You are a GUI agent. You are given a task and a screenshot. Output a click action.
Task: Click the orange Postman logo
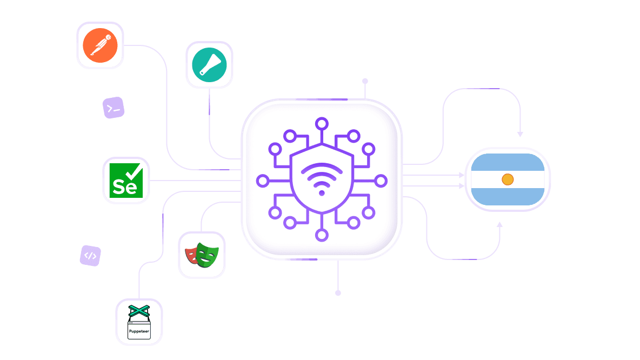click(100, 45)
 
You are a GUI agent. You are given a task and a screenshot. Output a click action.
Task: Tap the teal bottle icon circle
click(209, 65)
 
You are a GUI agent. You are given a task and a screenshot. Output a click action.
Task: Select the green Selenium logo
click(126, 181)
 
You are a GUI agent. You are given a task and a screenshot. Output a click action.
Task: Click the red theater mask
click(191, 256)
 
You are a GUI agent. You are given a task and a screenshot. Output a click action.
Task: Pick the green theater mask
click(207, 255)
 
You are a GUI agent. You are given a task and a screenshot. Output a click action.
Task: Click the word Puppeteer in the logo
click(139, 331)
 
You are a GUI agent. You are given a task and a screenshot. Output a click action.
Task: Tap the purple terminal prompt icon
click(114, 108)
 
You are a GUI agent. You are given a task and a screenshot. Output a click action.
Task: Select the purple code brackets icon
click(90, 256)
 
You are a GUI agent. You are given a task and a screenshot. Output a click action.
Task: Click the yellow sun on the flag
click(508, 179)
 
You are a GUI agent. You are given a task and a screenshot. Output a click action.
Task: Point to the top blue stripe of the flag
click(508, 162)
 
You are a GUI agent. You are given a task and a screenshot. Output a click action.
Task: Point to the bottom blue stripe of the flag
click(508, 197)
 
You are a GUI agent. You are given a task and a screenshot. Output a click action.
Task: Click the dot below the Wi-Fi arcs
click(322, 193)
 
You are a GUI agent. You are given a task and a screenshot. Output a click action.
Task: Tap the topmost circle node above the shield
click(322, 123)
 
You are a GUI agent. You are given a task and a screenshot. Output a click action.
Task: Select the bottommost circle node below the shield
click(322, 235)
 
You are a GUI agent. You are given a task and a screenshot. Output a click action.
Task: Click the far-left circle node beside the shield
click(263, 181)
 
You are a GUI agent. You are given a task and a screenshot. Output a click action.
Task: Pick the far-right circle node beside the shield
click(381, 181)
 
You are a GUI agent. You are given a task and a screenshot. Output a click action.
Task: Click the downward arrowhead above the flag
click(520, 134)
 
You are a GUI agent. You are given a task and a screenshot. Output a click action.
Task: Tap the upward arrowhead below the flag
click(499, 224)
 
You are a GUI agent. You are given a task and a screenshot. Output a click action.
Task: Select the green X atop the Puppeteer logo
click(139, 311)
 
